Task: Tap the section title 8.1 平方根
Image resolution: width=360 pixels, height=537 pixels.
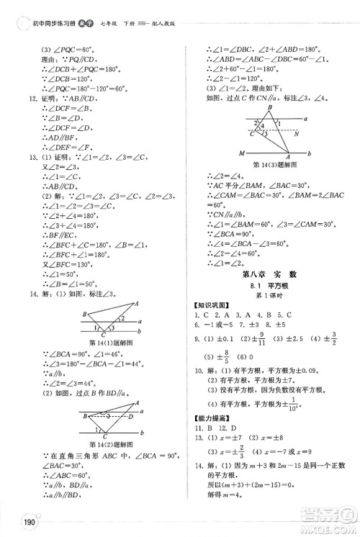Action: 269,282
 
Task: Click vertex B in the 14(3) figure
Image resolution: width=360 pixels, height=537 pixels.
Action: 269,108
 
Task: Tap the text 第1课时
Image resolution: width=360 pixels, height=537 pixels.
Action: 269,294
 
